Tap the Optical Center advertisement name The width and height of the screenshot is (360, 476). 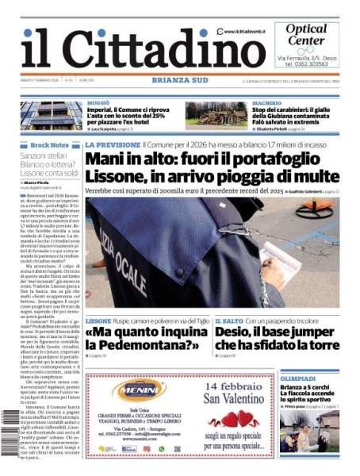coord(305,34)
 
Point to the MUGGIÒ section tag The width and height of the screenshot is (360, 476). coord(98,103)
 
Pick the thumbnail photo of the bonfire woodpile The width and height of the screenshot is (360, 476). coord(216,115)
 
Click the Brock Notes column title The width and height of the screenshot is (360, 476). coord(49,145)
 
